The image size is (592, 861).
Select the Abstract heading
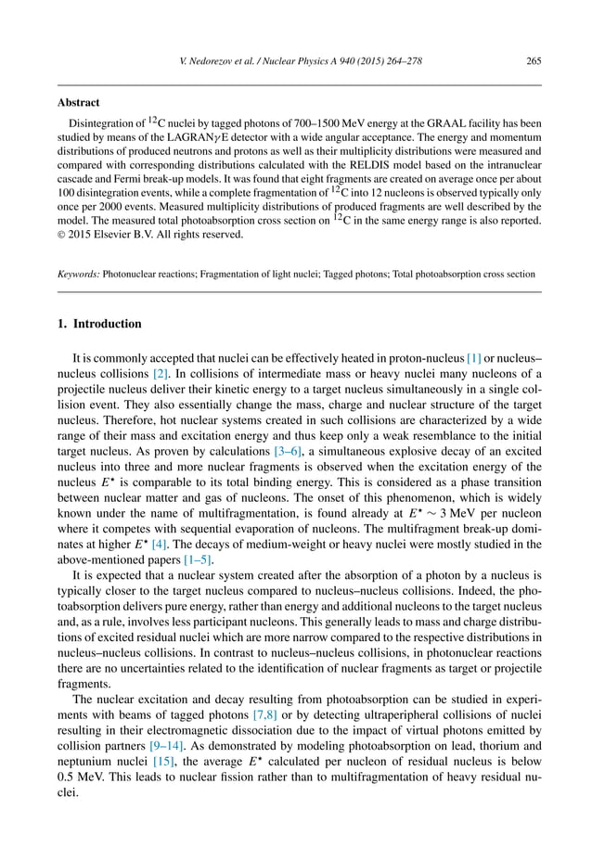pos(79,103)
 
